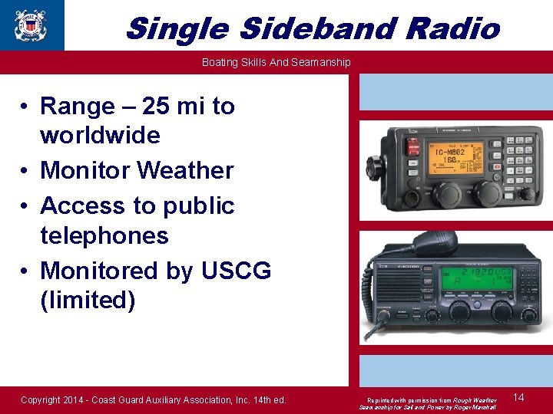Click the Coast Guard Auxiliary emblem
pyautogui.click(x=30, y=25)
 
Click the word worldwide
pyautogui.click(x=100, y=136)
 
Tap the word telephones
pyautogui.click(x=104, y=235)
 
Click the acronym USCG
pyautogui.click(x=236, y=271)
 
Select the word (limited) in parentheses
pyautogui.click(x=88, y=300)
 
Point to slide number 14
pyautogui.click(x=518, y=397)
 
